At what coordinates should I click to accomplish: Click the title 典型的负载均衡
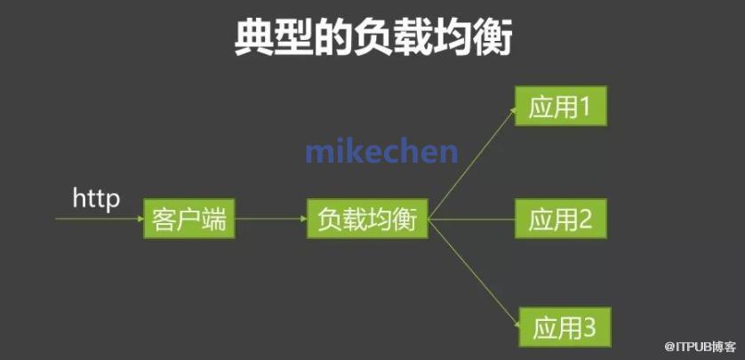[373, 38]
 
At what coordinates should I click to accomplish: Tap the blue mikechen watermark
[381, 151]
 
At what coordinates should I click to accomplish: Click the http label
[96, 198]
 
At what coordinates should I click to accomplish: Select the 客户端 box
[189, 219]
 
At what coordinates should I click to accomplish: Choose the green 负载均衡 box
[367, 219]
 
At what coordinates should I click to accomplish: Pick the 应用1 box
[561, 106]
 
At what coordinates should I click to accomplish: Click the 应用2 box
[561, 219]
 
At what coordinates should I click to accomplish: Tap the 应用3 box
[565, 327]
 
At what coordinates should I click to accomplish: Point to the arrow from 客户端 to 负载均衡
[271, 219]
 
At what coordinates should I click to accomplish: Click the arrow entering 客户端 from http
[100, 219]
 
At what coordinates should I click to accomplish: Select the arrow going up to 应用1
[472, 164]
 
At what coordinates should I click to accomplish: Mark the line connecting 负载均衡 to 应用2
[471, 220]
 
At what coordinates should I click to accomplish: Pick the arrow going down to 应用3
[474, 273]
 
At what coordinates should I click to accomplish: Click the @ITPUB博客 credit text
[701, 348]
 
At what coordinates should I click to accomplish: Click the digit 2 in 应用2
[584, 220]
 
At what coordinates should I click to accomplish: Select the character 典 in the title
[253, 38]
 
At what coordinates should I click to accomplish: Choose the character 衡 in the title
[493, 38]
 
